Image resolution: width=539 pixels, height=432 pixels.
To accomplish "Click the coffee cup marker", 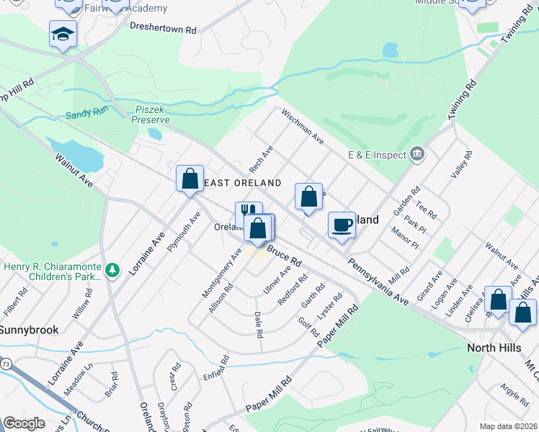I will point(342,225).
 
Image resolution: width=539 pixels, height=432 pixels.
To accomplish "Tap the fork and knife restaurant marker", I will point(248,215).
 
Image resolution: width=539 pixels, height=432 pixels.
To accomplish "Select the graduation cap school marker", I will point(63,33).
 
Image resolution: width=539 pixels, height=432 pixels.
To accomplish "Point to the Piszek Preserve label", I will point(150,115).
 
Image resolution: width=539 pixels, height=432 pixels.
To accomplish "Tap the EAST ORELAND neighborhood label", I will point(241,184).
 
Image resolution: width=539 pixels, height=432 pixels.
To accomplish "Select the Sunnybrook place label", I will point(28,329).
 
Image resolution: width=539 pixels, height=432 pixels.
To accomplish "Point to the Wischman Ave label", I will point(303,126).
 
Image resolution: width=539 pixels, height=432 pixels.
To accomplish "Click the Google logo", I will point(24,423).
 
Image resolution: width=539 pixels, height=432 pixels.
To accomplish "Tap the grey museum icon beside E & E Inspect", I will point(416,153).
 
